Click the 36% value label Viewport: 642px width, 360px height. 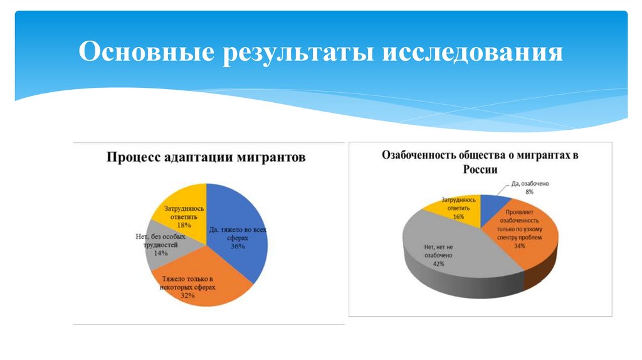point(238,246)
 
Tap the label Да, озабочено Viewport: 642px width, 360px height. point(530,184)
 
